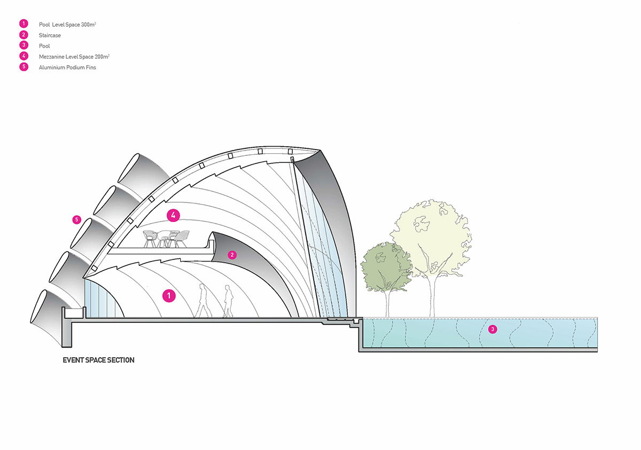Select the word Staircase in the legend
(50, 35)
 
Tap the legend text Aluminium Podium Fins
(67, 68)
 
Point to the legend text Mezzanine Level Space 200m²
(74, 57)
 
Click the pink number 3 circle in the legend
(23, 46)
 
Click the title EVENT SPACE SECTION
(99, 360)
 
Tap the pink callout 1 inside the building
(169, 295)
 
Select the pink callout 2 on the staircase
(232, 255)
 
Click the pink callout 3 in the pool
(493, 329)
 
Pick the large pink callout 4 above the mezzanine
(173, 216)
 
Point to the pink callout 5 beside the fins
(77, 219)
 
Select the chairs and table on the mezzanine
(166, 238)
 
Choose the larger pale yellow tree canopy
(433, 235)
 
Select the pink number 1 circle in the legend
(23, 25)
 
